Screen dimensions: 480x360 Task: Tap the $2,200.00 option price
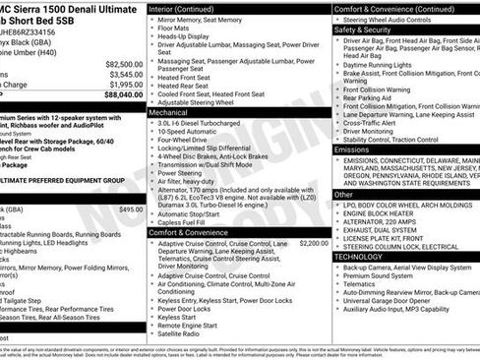pos(313,243)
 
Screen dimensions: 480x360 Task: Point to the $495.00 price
pos(130,210)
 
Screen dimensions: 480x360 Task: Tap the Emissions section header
pos(354,150)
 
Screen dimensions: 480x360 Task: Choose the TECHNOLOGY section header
pos(359,256)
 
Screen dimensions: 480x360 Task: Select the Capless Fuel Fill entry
pos(192,222)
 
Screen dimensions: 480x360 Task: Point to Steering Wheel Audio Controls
pos(400,19)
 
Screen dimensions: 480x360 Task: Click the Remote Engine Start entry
pos(190,324)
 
